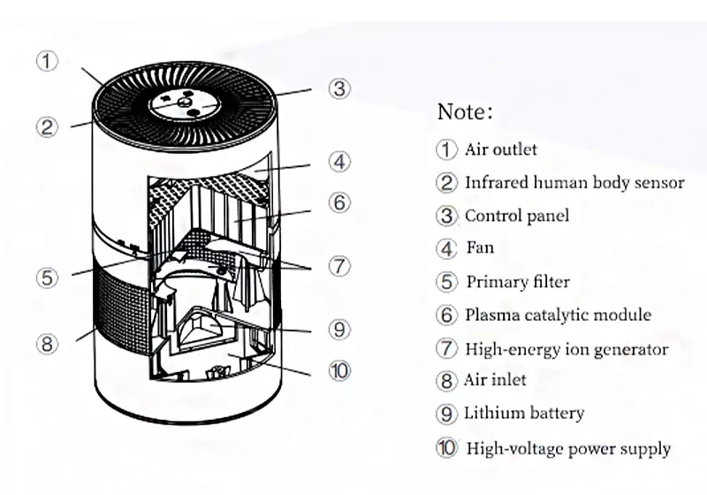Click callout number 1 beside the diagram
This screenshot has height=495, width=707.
pyautogui.click(x=47, y=61)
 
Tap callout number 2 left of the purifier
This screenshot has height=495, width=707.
pyautogui.click(x=47, y=126)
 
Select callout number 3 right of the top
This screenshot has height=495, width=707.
pyautogui.click(x=340, y=88)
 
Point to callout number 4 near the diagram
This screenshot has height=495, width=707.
pyautogui.click(x=340, y=162)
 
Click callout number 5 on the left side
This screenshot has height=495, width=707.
pyautogui.click(x=47, y=277)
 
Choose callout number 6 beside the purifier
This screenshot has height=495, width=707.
pyautogui.click(x=340, y=202)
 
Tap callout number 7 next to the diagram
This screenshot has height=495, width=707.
pyautogui.click(x=340, y=266)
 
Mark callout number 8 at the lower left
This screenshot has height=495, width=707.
pyautogui.click(x=47, y=343)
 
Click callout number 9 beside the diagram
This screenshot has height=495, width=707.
pyautogui.click(x=340, y=330)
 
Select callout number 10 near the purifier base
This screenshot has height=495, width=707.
pyautogui.click(x=340, y=370)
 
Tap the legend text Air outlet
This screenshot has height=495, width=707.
pyautogui.click(x=500, y=149)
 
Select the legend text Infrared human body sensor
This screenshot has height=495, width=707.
pyautogui.click(x=574, y=183)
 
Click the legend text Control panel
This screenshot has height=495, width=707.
pyautogui.click(x=517, y=216)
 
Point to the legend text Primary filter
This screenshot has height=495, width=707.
pyautogui.click(x=518, y=282)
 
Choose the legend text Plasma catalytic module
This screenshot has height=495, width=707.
pyautogui.click(x=558, y=315)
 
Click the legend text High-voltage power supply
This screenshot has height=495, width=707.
pyautogui.click(x=568, y=448)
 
